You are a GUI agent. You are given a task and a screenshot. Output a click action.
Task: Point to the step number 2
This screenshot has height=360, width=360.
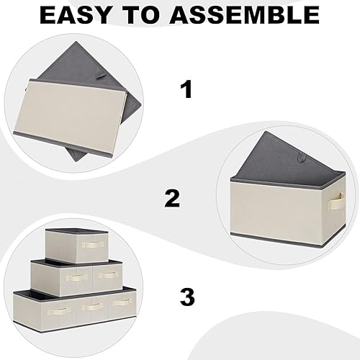172,199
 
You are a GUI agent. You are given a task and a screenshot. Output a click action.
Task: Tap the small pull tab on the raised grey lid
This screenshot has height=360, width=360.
287,153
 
